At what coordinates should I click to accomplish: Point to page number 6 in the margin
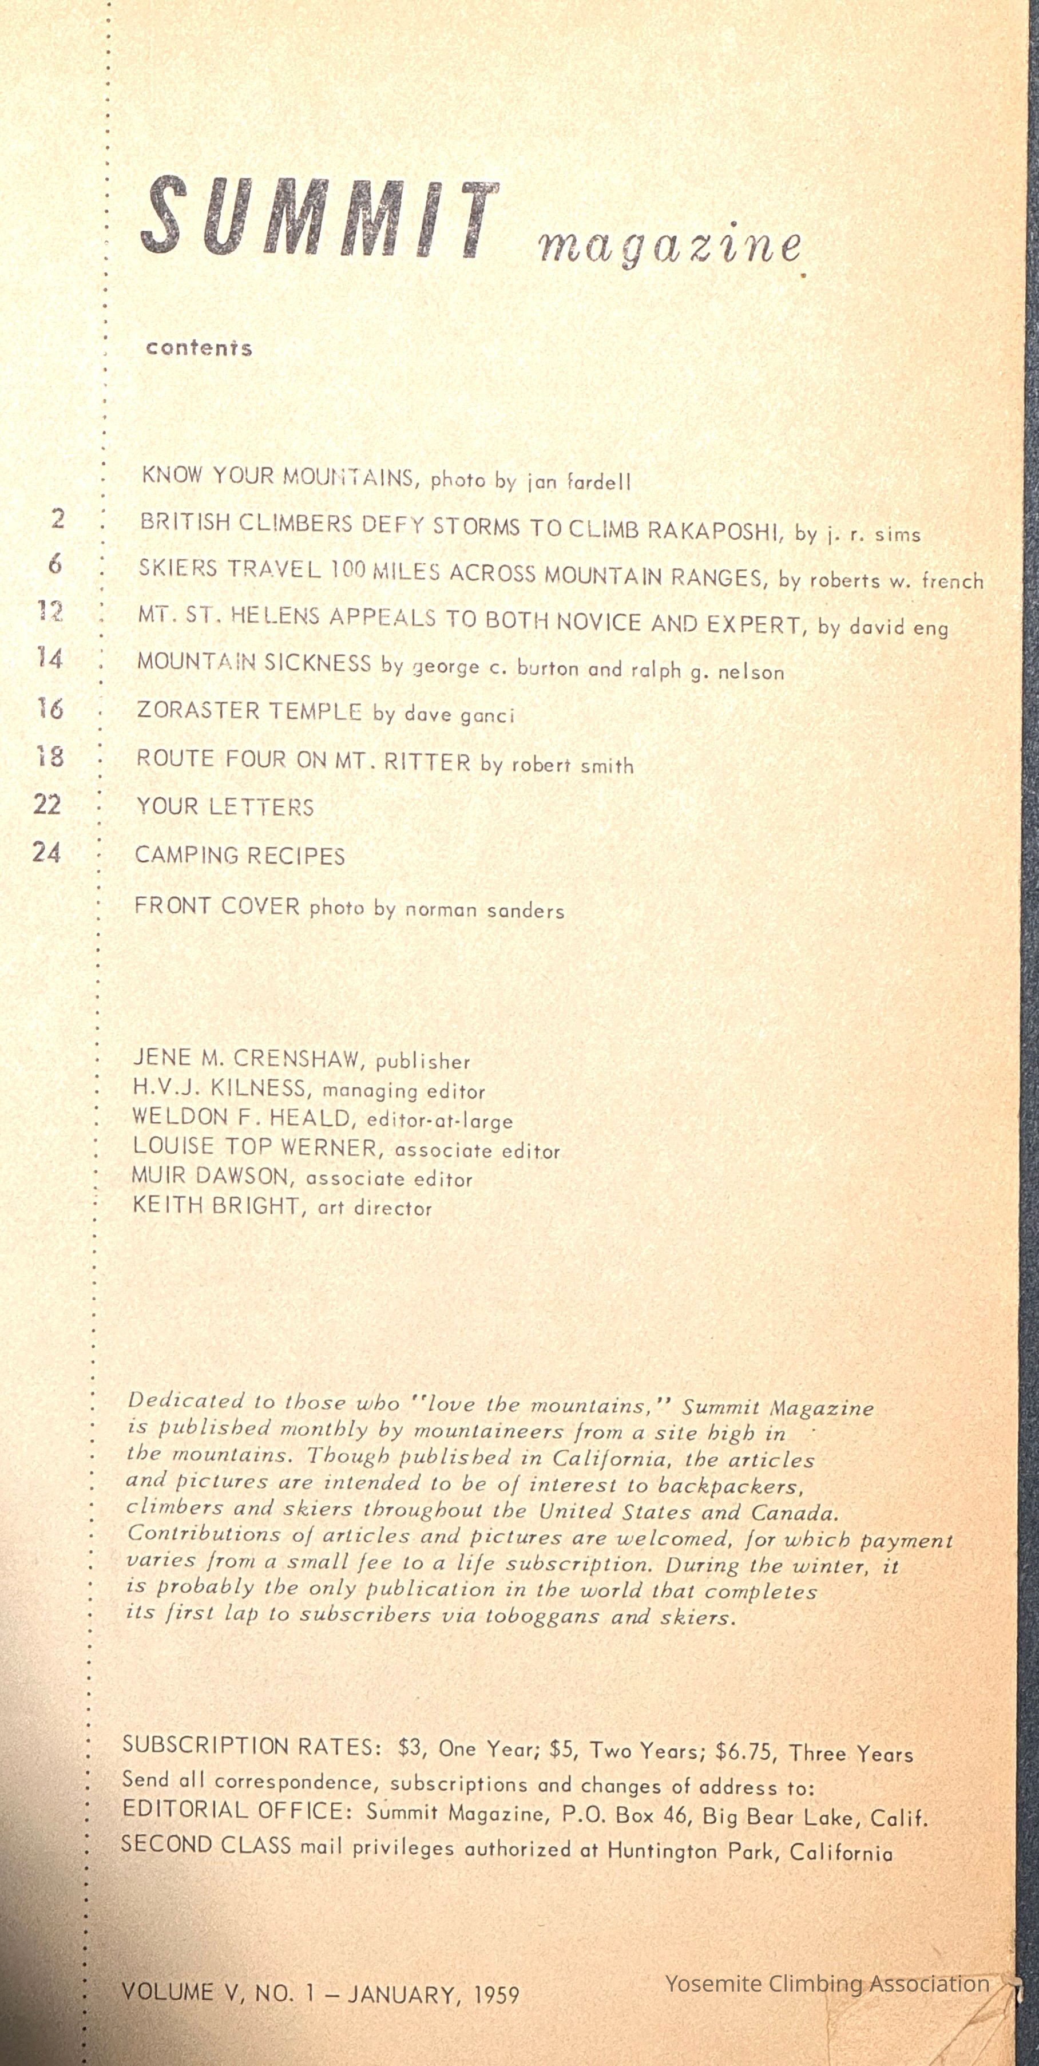(x=54, y=565)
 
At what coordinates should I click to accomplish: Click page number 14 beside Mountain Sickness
(x=50, y=659)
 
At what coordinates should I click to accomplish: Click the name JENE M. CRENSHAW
(x=247, y=1059)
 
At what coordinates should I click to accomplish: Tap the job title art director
(x=375, y=1208)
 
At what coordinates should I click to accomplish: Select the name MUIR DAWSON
(x=210, y=1177)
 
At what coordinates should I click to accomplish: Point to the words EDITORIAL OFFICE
(x=232, y=1810)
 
